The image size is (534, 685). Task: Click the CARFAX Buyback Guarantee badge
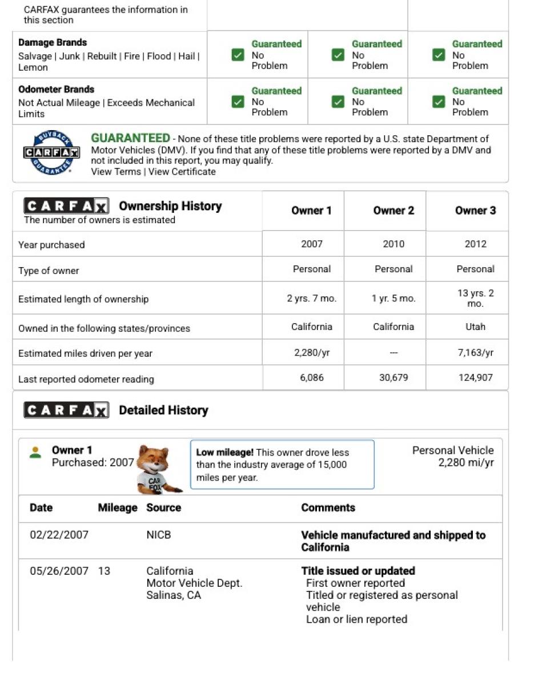51,153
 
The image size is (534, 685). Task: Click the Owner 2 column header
394,211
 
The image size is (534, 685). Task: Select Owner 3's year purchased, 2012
475,244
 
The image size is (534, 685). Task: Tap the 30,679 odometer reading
394,378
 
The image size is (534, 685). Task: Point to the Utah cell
475,327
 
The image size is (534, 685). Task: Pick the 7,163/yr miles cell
475,353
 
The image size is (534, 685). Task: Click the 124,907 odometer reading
475,378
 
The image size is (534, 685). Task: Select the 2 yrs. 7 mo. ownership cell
311,299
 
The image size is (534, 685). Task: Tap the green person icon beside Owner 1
35,452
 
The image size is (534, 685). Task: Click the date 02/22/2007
59,535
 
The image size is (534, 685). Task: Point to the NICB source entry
159,535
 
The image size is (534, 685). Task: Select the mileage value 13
104,571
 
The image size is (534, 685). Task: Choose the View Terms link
116,172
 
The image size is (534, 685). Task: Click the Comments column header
328,508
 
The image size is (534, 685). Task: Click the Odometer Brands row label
56,90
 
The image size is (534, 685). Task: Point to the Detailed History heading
163,410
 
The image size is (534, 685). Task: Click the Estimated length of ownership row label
83,299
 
